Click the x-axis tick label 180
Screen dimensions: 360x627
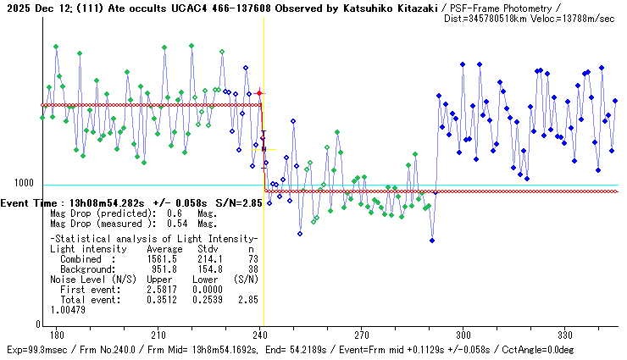click(x=58, y=335)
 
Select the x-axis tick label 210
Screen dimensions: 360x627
click(x=158, y=335)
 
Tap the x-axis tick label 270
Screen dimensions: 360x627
click(x=361, y=335)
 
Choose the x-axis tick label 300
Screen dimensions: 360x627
click(x=463, y=335)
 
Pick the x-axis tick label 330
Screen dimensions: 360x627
click(x=563, y=335)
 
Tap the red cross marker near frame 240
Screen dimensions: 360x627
click(x=260, y=93)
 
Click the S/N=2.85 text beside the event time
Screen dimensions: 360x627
click(x=228, y=203)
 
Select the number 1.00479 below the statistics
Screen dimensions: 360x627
click(x=68, y=309)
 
